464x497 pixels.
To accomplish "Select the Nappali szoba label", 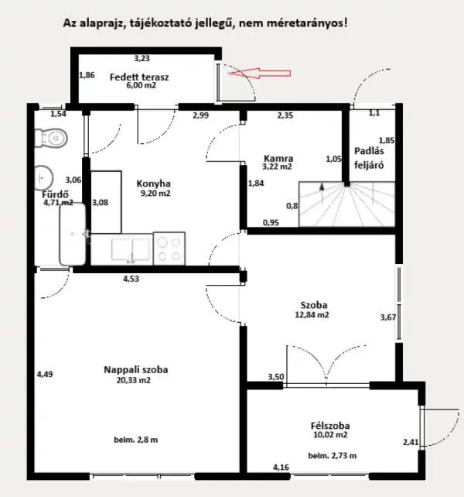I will [135, 370].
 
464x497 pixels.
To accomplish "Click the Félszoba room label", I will [329, 426].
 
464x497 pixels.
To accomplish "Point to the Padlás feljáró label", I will [369, 158].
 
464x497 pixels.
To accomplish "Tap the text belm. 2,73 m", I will [332, 456].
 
